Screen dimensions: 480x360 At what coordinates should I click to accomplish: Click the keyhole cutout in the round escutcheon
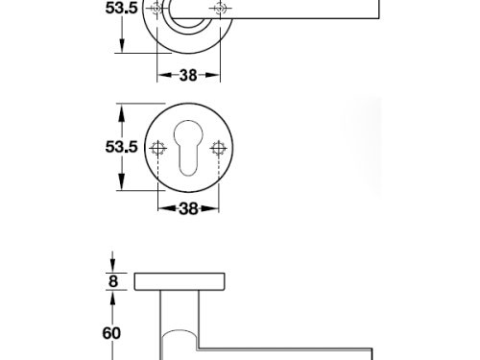tap(188, 148)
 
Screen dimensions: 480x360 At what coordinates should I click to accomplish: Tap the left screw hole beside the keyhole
tap(157, 148)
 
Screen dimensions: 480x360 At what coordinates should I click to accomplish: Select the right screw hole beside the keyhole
tap(219, 148)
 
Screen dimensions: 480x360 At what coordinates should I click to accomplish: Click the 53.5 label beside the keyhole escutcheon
tap(121, 147)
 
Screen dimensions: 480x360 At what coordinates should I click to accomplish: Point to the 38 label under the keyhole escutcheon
tap(188, 208)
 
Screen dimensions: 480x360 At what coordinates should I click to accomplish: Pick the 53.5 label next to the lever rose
tap(121, 8)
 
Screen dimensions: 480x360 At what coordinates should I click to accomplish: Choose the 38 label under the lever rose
tap(188, 75)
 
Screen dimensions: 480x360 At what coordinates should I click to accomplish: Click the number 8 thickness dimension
tap(113, 281)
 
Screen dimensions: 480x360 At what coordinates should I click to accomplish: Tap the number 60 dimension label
tap(111, 333)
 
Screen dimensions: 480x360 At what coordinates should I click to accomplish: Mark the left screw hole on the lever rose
tap(157, 9)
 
